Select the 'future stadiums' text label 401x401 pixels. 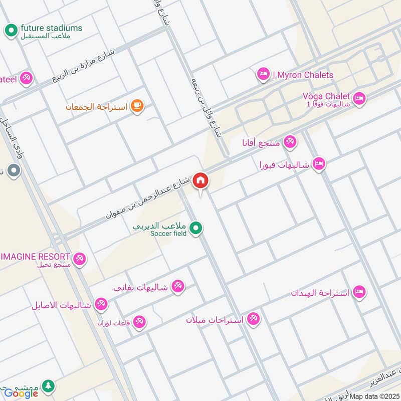[51, 28]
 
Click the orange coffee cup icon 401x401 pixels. [137, 106]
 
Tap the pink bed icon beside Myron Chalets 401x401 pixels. [263, 75]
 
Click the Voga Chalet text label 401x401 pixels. [326, 96]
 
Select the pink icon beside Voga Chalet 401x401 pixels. [359, 99]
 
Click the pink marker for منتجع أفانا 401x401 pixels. [290, 142]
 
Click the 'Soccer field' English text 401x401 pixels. [168, 234]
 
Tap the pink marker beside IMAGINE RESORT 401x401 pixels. [79, 260]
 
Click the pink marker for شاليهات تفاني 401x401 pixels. [177, 287]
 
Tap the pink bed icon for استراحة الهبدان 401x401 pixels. [358, 292]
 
